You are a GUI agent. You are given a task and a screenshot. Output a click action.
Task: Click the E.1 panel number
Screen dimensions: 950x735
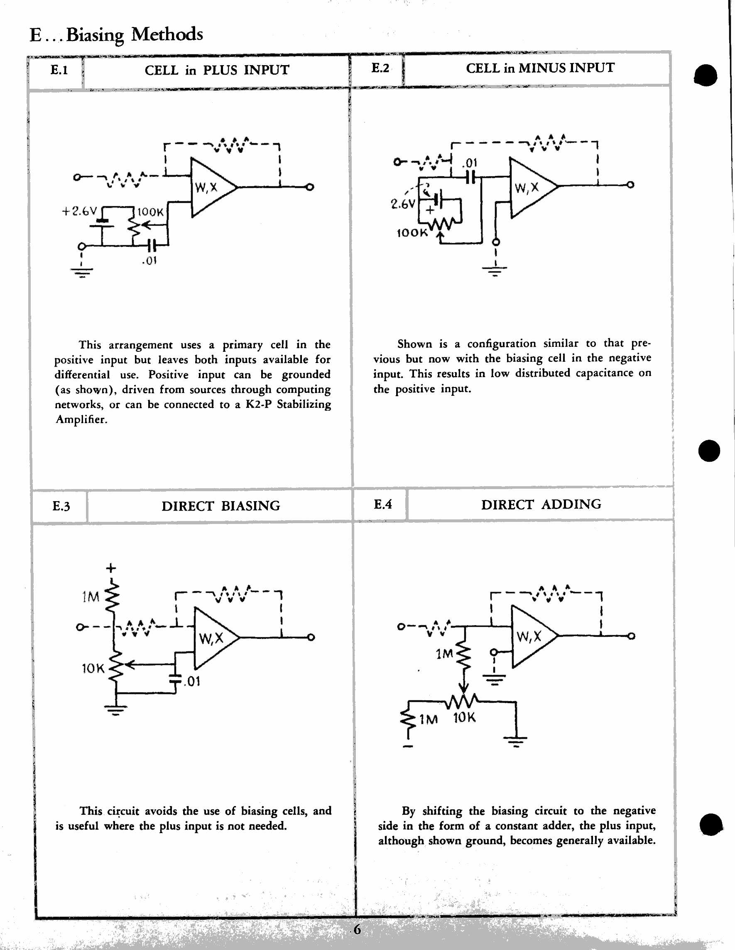[x=59, y=70]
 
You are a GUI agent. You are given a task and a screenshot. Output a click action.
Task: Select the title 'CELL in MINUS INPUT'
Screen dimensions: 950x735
[x=540, y=68]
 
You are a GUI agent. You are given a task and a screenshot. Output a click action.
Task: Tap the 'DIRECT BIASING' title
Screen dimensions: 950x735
[x=221, y=506]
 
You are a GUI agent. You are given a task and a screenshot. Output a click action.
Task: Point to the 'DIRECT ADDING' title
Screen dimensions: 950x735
[x=541, y=504]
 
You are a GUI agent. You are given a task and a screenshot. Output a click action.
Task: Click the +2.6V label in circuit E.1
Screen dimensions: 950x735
[x=79, y=212]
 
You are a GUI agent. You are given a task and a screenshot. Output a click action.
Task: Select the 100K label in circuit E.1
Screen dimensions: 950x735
[x=150, y=212]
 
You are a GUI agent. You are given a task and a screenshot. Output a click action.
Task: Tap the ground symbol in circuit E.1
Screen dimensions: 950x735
[x=81, y=272]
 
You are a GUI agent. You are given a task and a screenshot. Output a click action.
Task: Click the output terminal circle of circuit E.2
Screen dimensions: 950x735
[x=630, y=185]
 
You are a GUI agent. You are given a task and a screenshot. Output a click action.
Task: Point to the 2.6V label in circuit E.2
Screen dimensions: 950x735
[x=403, y=204]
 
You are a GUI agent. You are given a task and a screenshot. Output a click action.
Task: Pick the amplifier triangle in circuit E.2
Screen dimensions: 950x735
[x=530, y=188]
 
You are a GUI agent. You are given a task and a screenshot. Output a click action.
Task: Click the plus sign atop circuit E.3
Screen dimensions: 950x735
[x=111, y=568]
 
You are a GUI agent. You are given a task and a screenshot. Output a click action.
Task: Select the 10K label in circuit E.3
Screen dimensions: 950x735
[x=93, y=669]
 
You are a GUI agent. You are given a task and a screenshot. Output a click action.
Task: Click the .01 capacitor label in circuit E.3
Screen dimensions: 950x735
[x=192, y=681]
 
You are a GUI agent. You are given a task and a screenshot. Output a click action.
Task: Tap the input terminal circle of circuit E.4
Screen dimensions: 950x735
[x=401, y=627]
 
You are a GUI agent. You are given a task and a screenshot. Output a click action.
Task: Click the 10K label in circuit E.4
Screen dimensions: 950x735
[x=464, y=718]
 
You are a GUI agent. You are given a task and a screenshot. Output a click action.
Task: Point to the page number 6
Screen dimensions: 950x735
[x=357, y=930]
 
